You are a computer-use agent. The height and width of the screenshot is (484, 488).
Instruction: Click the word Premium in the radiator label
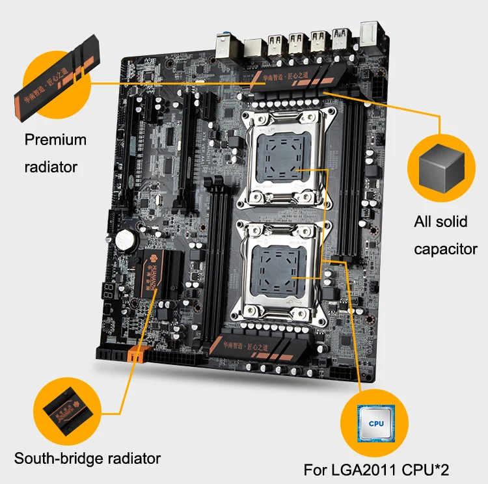point(55,139)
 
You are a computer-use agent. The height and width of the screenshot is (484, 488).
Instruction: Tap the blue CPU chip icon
point(376,422)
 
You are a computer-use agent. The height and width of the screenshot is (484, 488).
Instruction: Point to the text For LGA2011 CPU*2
point(377,470)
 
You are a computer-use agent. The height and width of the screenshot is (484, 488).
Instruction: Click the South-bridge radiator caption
point(87,458)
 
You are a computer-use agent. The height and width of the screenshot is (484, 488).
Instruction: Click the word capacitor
point(446,249)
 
